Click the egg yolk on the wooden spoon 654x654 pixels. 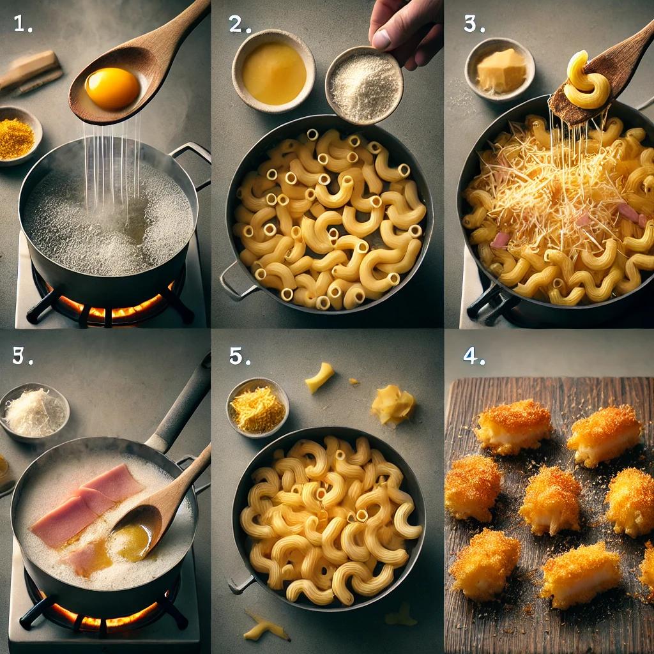coord(112,88)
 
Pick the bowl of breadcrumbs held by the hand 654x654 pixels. coord(363,86)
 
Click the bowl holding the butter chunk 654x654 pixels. coord(500,70)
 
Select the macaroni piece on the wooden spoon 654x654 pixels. coord(586,81)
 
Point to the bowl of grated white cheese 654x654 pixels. coord(33,413)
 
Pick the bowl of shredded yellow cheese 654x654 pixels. coord(257,407)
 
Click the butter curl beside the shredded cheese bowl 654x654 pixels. coord(392,404)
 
